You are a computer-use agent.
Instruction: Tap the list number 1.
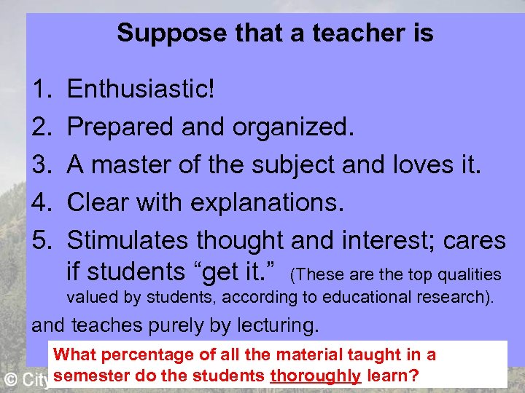pyautogui.click(x=41, y=90)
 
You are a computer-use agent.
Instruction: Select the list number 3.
pyautogui.click(x=41, y=164)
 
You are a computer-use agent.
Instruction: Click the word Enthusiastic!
pyautogui.click(x=141, y=90)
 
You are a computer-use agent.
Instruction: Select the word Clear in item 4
pyautogui.click(x=97, y=202)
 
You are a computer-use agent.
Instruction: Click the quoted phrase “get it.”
pyautogui.click(x=237, y=272)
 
